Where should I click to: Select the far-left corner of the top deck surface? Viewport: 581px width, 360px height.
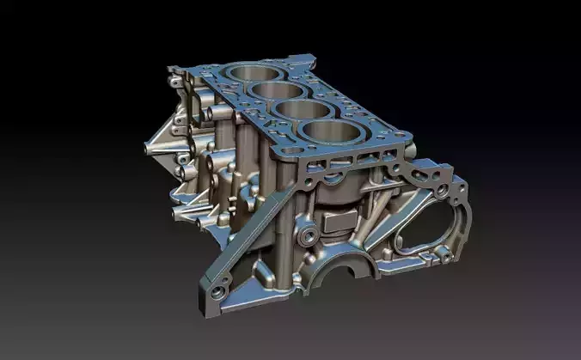tap(173, 71)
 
